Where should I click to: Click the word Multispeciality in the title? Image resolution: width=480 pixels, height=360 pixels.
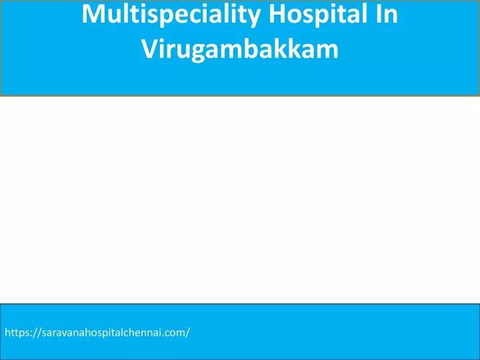pyautogui.click(x=171, y=15)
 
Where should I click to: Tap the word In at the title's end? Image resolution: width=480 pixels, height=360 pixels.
pyautogui.click(x=387, y=14)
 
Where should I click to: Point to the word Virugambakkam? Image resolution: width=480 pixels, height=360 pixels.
pyautogui.click(x=240, y=49)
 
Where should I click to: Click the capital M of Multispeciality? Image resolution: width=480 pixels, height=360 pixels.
pyautogui.click(x=93, y=14)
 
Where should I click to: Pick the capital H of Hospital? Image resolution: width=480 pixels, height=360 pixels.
pyautogui.click(x=277, y=14)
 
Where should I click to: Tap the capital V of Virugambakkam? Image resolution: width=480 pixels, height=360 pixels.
pyautogui.click(x=150, y=49)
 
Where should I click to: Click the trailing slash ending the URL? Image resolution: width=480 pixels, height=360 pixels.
pyautogui.click(x=187, y=333)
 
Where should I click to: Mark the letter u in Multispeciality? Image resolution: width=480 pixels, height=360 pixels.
pyautogui.click(x=115, y=17)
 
